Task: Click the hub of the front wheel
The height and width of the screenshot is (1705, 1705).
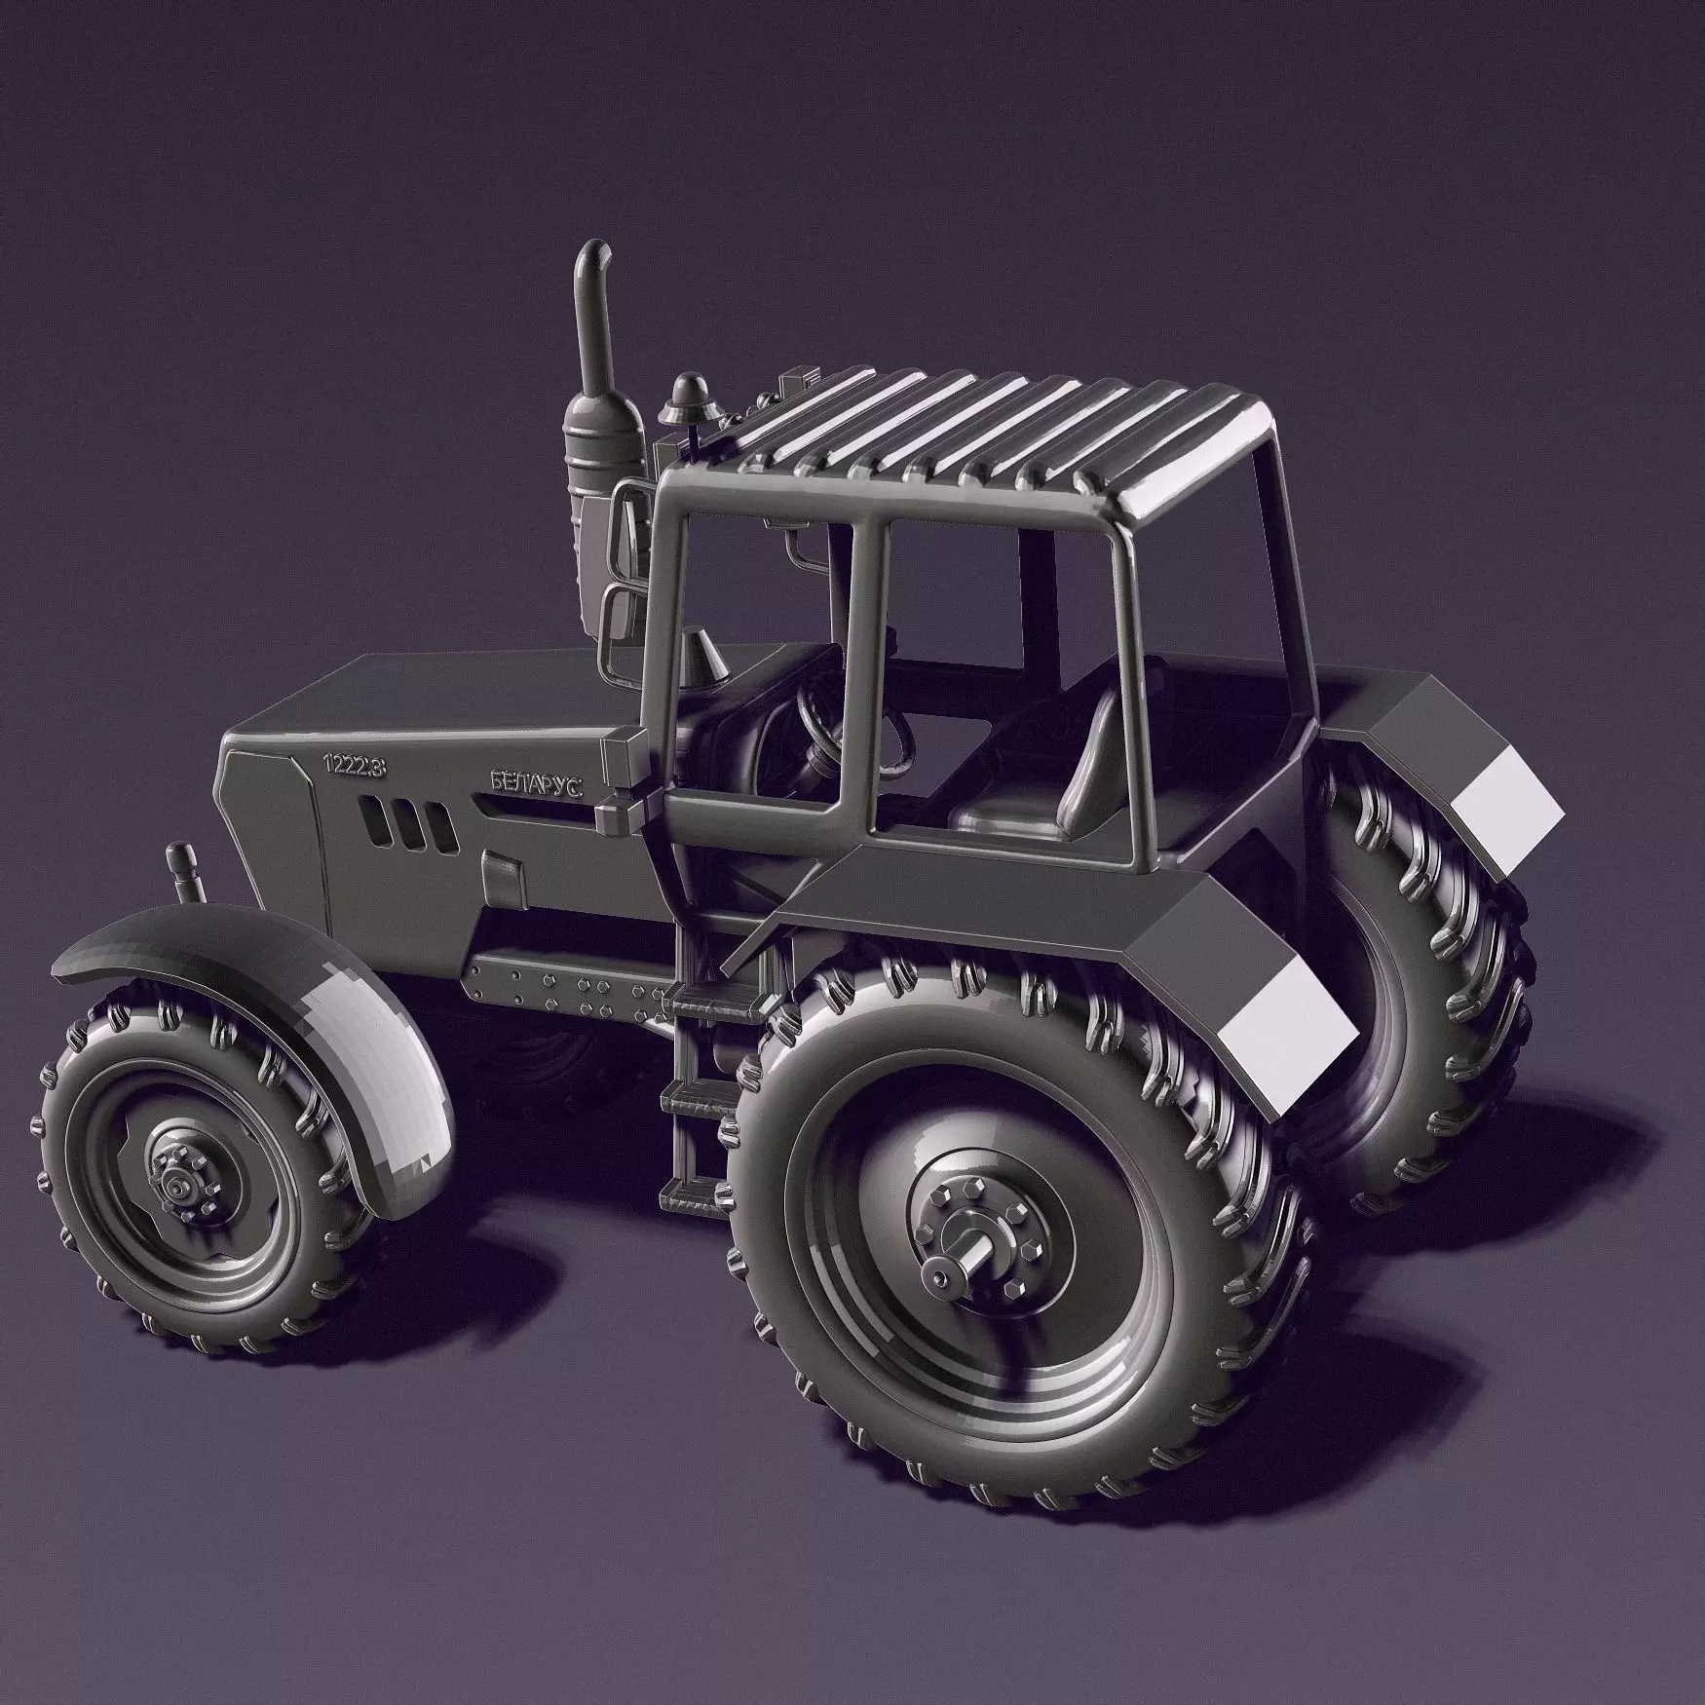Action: click(180, 1187)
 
